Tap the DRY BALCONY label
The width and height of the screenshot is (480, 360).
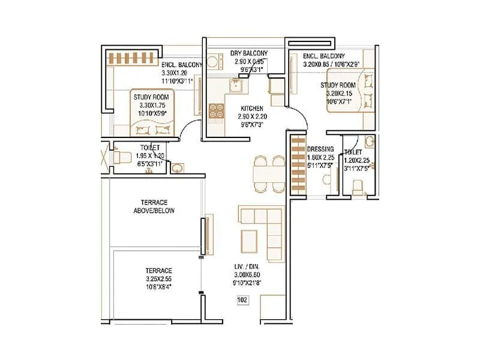tap(249, 53)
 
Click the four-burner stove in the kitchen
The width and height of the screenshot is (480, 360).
tap(216, 110)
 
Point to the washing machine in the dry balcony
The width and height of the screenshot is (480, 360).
tap(214, 62)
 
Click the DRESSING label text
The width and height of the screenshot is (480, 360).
tap(320, 149)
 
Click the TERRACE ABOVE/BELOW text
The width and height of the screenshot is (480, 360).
tap(153, 206)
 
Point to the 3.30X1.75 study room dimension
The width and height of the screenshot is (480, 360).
tap(151, 105)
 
